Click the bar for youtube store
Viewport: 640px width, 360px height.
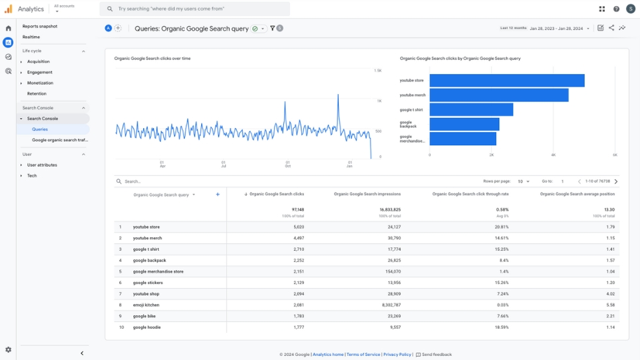[507, 81]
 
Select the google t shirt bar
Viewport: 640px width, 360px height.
[471, 110]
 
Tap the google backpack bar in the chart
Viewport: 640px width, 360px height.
[464, 125]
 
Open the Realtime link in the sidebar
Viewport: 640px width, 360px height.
[31, 37]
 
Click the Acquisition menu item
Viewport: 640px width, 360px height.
[38, 61]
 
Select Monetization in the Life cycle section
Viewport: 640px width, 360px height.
[40, 83]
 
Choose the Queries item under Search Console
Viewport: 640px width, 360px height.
[40, 129]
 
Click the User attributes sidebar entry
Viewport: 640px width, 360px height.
[42, 165]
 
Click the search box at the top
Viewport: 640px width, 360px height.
[195, 9]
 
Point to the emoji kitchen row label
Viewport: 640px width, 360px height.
[146, 305]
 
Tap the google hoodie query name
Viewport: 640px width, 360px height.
[147, 327]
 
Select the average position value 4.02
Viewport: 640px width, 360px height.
[609, 294]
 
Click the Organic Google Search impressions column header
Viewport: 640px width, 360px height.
[367, 194]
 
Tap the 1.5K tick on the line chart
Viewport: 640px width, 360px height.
[377, 71]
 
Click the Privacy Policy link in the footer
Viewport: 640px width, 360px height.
[397, 355]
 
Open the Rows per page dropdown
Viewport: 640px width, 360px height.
[523, 181]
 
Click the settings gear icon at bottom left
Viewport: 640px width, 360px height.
[8, 349]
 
